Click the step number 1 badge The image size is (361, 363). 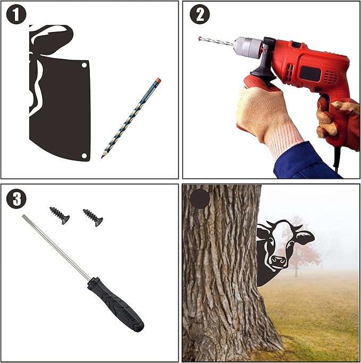(x=16, y=14)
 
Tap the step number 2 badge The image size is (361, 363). (x=199, y=14)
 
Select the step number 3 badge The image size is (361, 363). (x=16, y=199)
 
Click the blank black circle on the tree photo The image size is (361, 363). (x=199, y=199)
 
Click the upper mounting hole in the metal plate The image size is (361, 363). (x=85, y=65)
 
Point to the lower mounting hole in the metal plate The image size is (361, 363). (x=85, y=155)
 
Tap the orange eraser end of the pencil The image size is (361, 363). (x=158, y=80)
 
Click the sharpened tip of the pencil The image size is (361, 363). (x=102, y=157)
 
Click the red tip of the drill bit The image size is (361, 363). (x=200, y=38)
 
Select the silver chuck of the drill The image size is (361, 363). (x=248, y=47)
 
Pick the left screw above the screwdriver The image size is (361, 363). (x=60, y=215)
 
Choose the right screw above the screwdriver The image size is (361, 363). (x=93, y=217)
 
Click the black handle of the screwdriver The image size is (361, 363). (x=115, y=304)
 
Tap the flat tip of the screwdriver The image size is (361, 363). (x=23, y=216)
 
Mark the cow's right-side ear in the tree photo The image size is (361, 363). (x=305, y=237)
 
